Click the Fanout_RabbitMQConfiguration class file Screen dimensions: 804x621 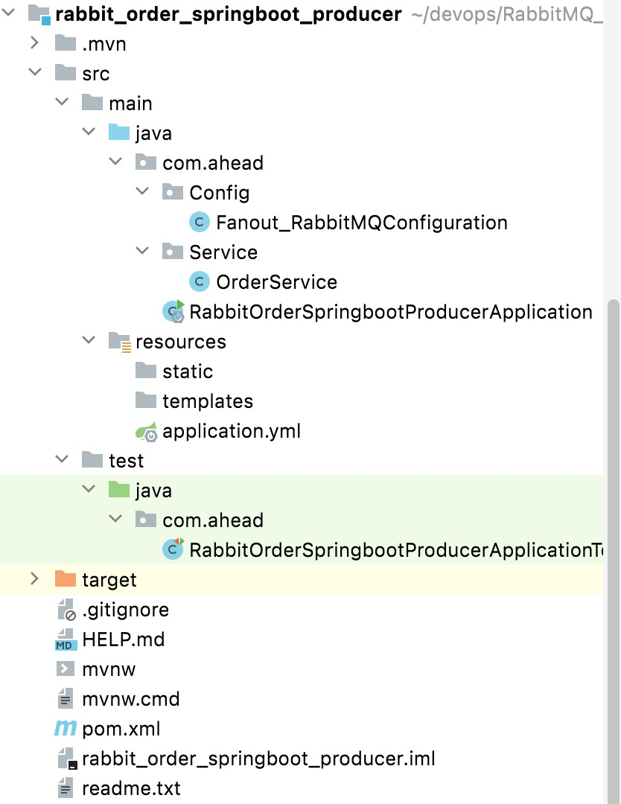coord(361,223)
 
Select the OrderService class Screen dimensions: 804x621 coord(276,282)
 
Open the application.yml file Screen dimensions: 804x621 coord(231,431)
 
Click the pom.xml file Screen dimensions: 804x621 coord(121,729)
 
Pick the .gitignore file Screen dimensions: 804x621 coord(125,610)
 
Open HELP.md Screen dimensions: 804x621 coord(123,639)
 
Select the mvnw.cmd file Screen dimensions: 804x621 coord(130,699)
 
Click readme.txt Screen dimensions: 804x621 coord(131,788)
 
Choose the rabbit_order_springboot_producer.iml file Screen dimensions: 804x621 coord(258,759)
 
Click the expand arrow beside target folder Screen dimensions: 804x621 coord(34,579)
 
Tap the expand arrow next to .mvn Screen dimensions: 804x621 coord(34,43)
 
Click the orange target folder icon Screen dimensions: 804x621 coord(66,579)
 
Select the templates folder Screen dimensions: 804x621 coord(207,401)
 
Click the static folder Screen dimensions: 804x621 coord(187,371)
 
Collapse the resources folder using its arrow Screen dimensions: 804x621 coord(89,341)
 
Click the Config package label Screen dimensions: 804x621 coord(219,193)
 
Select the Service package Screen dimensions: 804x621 coord(223,252)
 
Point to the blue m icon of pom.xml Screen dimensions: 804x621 coord(66,729)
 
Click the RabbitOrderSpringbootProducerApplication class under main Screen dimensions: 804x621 coord(390,312)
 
